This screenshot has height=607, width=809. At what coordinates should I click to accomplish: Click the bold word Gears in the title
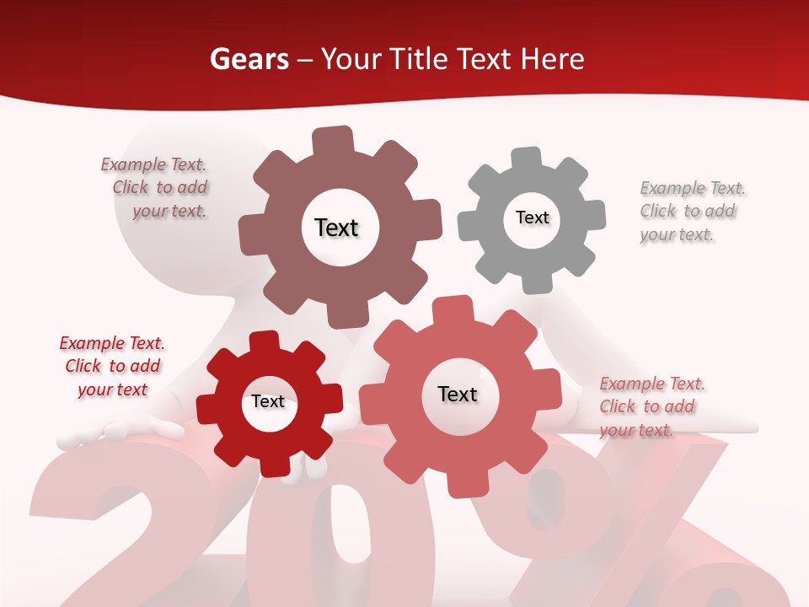coord(249,59)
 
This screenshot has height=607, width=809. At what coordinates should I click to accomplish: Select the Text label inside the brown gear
coord(336,228)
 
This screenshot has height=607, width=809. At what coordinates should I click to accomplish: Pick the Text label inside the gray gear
coord(532,218)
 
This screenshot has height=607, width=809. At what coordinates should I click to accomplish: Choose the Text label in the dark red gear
coord(268,401)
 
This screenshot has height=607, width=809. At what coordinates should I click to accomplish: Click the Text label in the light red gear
coord(458,394)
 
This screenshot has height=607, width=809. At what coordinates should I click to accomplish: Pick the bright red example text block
coord(113,366)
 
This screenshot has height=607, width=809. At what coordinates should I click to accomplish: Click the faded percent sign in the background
coord(640,523)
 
